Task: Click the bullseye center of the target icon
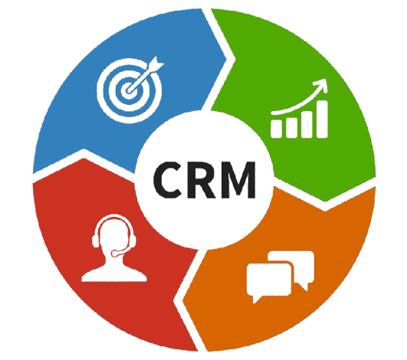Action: point(129,90)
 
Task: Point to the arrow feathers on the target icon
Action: point(156,63)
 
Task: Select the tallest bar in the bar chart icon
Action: point(322,119)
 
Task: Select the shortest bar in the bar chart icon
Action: point(277,128)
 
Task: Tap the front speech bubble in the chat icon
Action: point(269,281)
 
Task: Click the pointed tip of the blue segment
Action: point(226,60)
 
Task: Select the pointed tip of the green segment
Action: point(324,201)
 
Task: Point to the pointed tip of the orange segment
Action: point(184,300)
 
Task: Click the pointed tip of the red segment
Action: point(84,159)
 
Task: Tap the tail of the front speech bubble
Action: point(255,299)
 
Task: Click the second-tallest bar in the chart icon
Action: point(307,125)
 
